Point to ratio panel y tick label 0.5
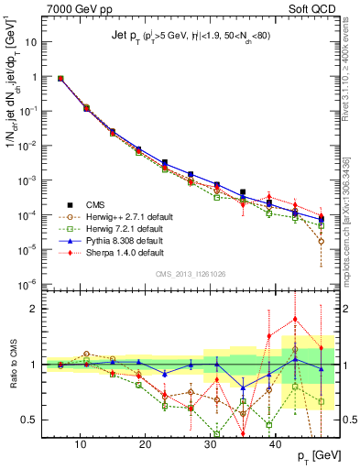(34, 420)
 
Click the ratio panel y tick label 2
(40, 308)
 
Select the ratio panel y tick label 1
(40, 364)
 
